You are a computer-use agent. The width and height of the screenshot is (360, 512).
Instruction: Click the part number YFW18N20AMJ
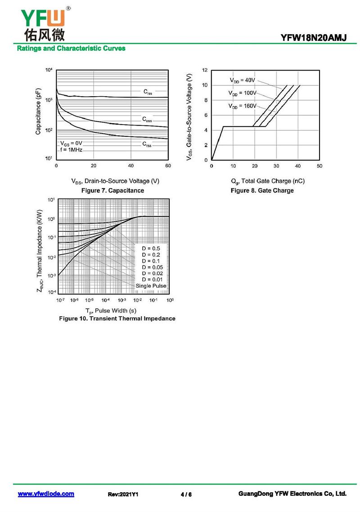pyautogui.click(x=314, y=38)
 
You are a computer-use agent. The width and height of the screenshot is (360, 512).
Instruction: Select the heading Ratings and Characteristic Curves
pyautogui.click(x=71, y=48)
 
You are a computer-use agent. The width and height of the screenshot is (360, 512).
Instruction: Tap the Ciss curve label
pyautogui.click(x=148, y=92)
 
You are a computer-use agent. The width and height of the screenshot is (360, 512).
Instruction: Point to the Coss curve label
pyautogui.click(x=147, y=119)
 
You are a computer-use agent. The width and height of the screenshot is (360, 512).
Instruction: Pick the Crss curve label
pyautogui.click(x=147, y=144)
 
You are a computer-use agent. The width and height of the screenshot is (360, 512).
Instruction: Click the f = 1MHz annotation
pyautogui.click(x=71, y=149)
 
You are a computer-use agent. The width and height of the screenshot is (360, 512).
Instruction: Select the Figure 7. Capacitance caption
pyautogui.click(x=112, y=190)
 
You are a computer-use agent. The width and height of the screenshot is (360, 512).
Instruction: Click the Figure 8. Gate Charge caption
pyautogui.click(x=262, y=190)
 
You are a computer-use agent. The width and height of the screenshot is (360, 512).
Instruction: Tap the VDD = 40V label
pyautogui.click(x=242, y=80)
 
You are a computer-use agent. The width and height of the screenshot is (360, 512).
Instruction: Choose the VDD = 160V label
pyautogui.click(x=242, y=106)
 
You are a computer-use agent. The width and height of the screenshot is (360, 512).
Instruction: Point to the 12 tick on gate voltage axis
pyautogui.click(x=205, y=70)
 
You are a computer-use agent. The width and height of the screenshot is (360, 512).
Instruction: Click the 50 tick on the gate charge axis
pyautogui.click(x=319, y=166)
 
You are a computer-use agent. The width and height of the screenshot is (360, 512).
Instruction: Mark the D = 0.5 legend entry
pyautogui.click(x=151, y=248)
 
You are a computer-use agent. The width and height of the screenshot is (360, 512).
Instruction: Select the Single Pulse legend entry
pyautogui.click(x=151, y=286)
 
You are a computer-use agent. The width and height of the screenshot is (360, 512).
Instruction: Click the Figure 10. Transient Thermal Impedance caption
pyautogui.click(x=117, y=319)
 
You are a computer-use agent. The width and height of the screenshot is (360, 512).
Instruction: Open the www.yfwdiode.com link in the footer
pyautogui.click(x=46, y=494)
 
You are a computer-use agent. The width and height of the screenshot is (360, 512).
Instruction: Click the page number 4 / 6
pyautogui.click(x=186, y=494)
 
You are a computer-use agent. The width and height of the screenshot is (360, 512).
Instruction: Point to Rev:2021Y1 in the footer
pyautogui.click(x=123, y=494)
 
